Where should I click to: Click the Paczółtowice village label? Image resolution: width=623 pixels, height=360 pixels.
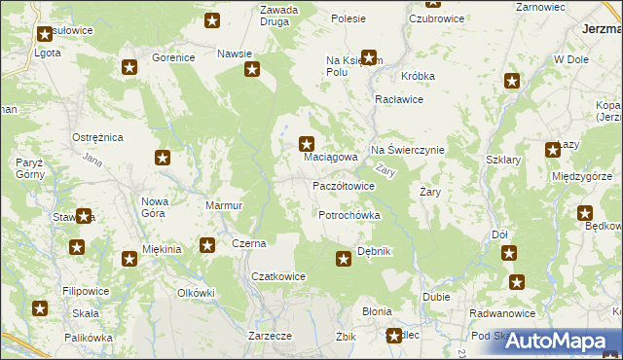click(343, 186)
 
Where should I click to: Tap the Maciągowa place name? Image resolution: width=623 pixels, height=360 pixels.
click(331, 157)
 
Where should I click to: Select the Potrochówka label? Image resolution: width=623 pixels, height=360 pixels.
click(348, 215)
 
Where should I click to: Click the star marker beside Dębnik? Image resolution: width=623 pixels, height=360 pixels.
click(344, 258)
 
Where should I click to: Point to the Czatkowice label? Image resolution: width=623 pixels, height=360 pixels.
click(278, 276)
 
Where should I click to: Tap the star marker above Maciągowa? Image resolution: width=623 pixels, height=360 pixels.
click(307, 142)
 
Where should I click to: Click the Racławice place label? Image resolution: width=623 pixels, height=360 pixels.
click(397, 100)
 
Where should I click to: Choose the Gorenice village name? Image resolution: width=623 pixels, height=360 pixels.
click(173, 58)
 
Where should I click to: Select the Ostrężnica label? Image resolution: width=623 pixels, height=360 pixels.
click(97, 138)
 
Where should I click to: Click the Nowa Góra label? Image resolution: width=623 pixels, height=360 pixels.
click(156, 207)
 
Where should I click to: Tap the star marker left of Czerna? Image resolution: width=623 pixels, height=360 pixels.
click(207, 244)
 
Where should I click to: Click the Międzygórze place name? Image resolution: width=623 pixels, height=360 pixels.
click(580, 176)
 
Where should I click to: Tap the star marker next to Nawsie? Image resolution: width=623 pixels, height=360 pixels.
click(252, 69)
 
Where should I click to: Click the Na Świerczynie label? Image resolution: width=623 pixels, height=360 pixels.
click(407, 150)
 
